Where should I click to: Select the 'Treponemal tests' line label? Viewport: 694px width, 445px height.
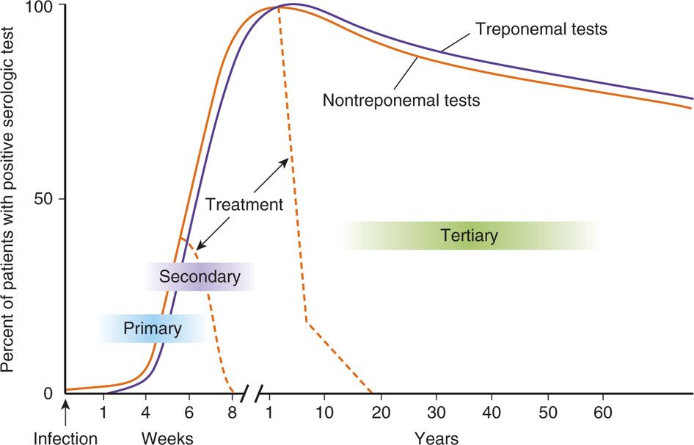(x=542, y=30)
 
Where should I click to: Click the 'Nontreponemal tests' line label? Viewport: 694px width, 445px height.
(x=401, y=100)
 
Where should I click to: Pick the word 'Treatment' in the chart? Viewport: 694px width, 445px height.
(x=244, y=205)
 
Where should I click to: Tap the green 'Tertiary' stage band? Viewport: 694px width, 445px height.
(x=470, y=236)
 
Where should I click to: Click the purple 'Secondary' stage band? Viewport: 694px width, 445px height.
(x=200, y=277)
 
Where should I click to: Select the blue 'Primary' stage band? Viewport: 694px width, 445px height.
(x=152, y=328)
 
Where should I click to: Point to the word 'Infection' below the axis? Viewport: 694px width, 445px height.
(x=66, y=438)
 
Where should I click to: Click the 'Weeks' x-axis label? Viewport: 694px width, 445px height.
(x=167, y=438)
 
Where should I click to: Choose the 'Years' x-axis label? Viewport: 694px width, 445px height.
(x=437, y=438)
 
